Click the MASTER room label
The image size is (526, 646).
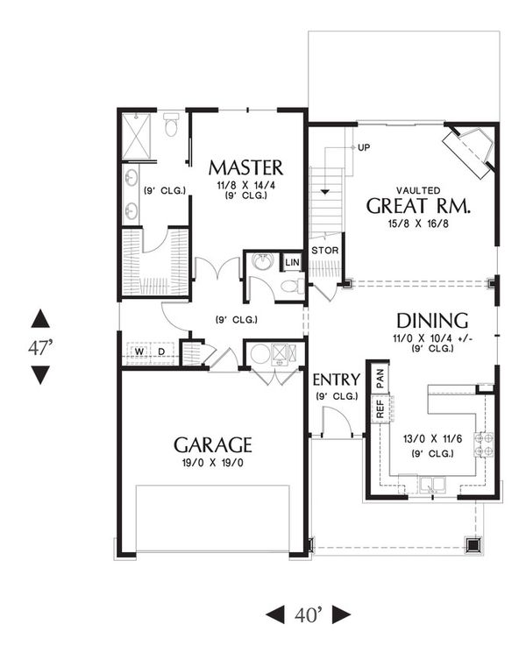click(245, 167)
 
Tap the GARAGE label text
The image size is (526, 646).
click(212, 444)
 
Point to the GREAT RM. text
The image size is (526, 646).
click(418, 207)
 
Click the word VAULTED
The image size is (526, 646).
click(418, 189)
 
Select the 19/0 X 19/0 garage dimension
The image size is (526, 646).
click(212, 462)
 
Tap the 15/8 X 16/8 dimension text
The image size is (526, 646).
click(418, 224)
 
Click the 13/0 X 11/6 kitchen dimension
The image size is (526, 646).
click(430, 438)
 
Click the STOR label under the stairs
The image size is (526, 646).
click(324, 251)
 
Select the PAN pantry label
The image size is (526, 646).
click(380, 378)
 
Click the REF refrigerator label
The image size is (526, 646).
click(380, 408)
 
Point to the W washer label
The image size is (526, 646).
click(138, 352)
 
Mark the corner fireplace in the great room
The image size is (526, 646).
click(470, 149)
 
